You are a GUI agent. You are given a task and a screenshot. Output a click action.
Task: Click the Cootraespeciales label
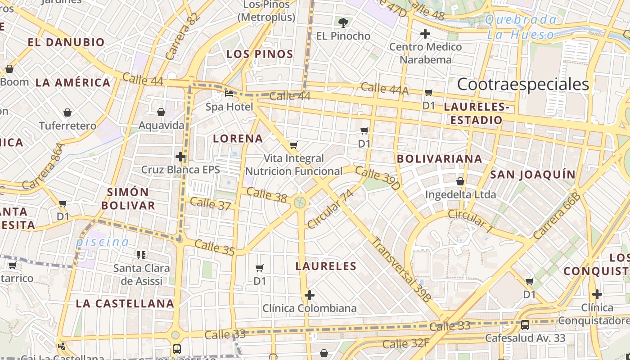coord(523,84)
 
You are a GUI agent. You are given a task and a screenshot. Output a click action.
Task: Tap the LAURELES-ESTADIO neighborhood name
coord(476,113)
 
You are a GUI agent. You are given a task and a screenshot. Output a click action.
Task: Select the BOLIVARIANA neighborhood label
coord(440,158)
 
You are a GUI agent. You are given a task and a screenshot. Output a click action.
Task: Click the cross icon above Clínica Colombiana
coord(309,295)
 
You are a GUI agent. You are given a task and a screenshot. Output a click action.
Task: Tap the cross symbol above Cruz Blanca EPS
coord(180,157)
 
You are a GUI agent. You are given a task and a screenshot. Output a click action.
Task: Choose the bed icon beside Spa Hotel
coord(229,94)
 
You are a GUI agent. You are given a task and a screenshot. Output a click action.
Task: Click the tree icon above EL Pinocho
coord(343,22)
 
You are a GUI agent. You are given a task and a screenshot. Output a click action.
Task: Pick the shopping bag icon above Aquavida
coord(161,112)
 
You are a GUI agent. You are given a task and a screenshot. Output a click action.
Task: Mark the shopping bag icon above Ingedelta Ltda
coord(460,181)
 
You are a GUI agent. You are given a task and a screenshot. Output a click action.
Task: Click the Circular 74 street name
coord(330,209)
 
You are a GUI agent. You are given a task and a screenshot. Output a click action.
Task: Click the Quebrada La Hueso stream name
coord(521,27)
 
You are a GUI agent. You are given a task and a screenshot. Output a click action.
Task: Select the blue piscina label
coord(102,242)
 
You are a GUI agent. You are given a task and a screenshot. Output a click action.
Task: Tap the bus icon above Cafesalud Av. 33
coord(525,324)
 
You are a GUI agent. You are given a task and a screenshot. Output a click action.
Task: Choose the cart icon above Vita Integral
coord(293,145)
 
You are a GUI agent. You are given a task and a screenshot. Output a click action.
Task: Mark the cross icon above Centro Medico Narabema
coord(425,34)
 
